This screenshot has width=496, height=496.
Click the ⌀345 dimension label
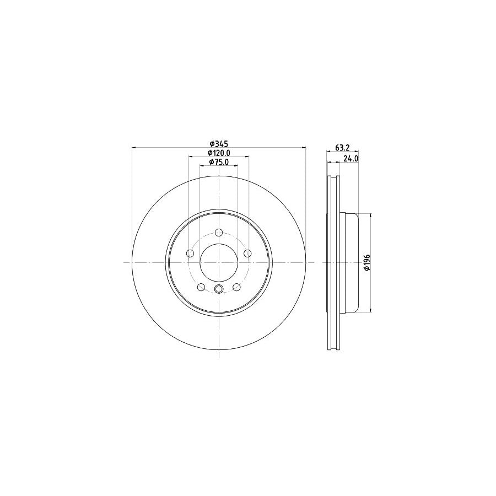tap(219, 144)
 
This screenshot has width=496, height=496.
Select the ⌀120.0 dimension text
tap(219, 153)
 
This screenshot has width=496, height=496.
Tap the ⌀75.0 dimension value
tap(219, 162)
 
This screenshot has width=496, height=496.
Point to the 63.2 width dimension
tap(342, 147)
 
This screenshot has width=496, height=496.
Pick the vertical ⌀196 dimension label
tap(367, 262)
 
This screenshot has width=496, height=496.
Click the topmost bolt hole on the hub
tap(219, 233)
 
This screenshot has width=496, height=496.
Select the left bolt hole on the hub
tap(190, 253)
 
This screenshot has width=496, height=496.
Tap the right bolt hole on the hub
tap(248, 253)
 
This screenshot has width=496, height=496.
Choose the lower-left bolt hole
tap(201, 287)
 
